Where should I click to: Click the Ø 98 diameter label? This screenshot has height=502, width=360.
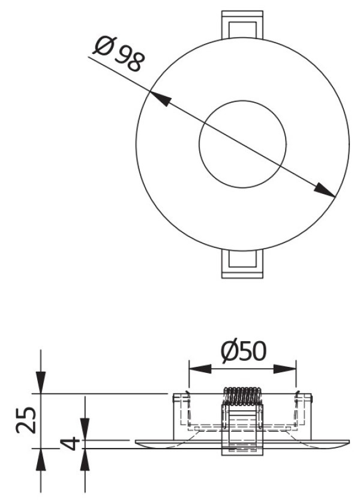click(x=119, y=55)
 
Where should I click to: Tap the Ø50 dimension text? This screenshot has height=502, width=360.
click(x=244, y=351)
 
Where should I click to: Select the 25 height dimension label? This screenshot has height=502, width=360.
click(x=26, y=420)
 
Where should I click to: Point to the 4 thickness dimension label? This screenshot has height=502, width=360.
click(x=70, y=443)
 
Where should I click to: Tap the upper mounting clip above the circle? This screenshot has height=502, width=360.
click(x=242, y=25)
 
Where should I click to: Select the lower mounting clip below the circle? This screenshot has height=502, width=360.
click(x=242, y=264)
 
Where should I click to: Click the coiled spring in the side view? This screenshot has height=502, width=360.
click(x=242, y=396)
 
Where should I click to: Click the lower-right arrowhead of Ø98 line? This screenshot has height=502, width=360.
click(x=325, y=190)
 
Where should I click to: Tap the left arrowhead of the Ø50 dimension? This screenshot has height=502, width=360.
click(x=200, y=369)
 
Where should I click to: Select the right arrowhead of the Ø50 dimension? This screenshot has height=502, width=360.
click(x=285, y=369)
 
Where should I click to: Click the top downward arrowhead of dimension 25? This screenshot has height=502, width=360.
click(x=41, y=383)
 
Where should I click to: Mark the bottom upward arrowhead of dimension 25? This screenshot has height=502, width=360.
click(x=41, y=459)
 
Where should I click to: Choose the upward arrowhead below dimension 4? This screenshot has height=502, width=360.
click(x=85, y=459)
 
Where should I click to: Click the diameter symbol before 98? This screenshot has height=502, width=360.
click(x=102, y=46)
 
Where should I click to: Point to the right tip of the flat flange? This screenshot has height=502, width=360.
click(x=349, y=442)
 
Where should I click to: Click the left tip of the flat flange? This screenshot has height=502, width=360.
click(x=136, y=442)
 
